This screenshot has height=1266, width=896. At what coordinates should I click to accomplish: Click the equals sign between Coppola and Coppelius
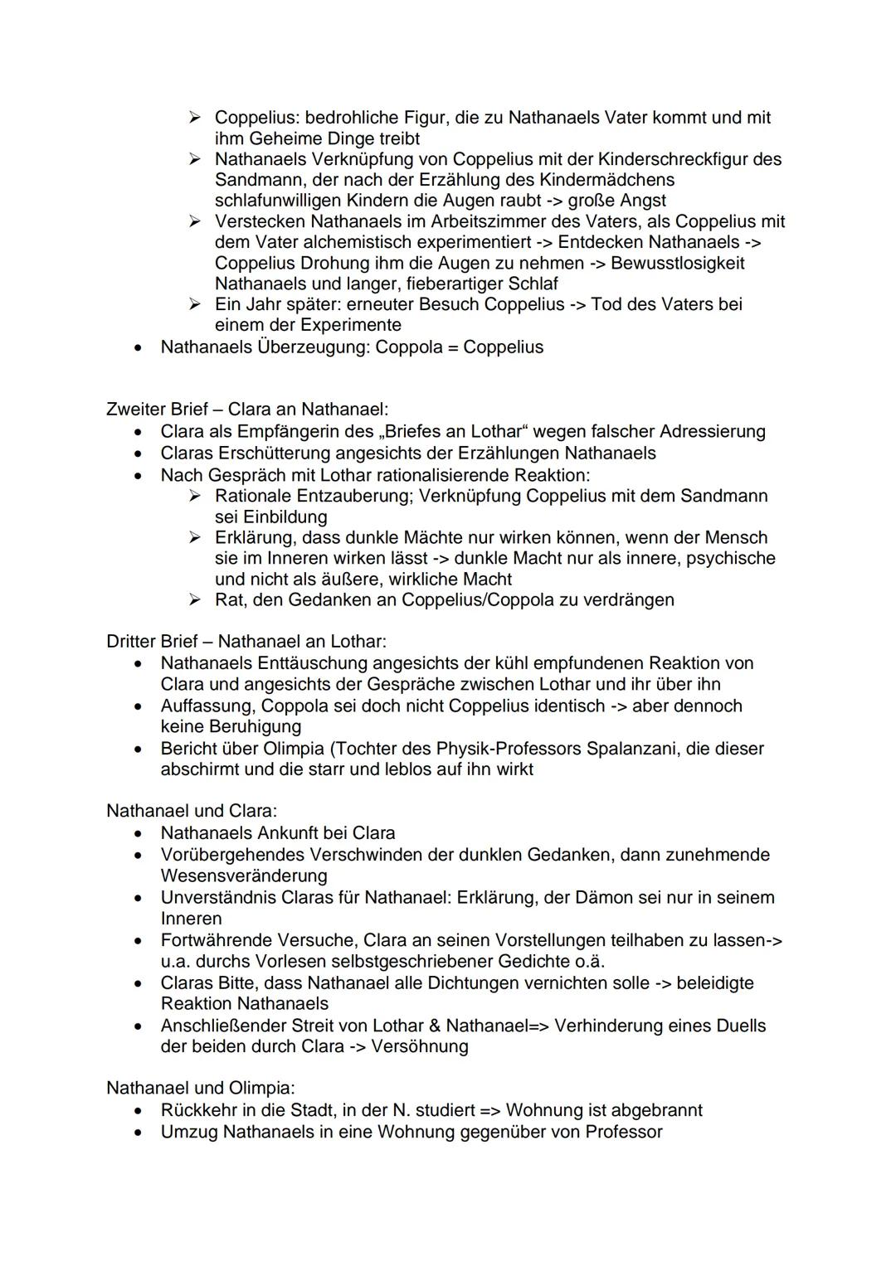tap(452, 347)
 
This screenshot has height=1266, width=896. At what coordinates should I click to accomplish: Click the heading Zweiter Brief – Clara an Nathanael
tap(247, 410)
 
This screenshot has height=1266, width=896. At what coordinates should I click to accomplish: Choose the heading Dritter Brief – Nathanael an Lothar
tap(246, 642)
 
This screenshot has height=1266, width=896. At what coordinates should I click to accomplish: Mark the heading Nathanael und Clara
tap(192, 811)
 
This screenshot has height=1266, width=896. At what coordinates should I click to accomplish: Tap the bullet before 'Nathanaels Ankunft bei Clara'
tap(141, 833)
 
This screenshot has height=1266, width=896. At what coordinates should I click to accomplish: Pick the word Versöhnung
tap(420, 1047)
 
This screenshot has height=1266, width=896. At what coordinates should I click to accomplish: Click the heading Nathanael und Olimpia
tap(200, 1088)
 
